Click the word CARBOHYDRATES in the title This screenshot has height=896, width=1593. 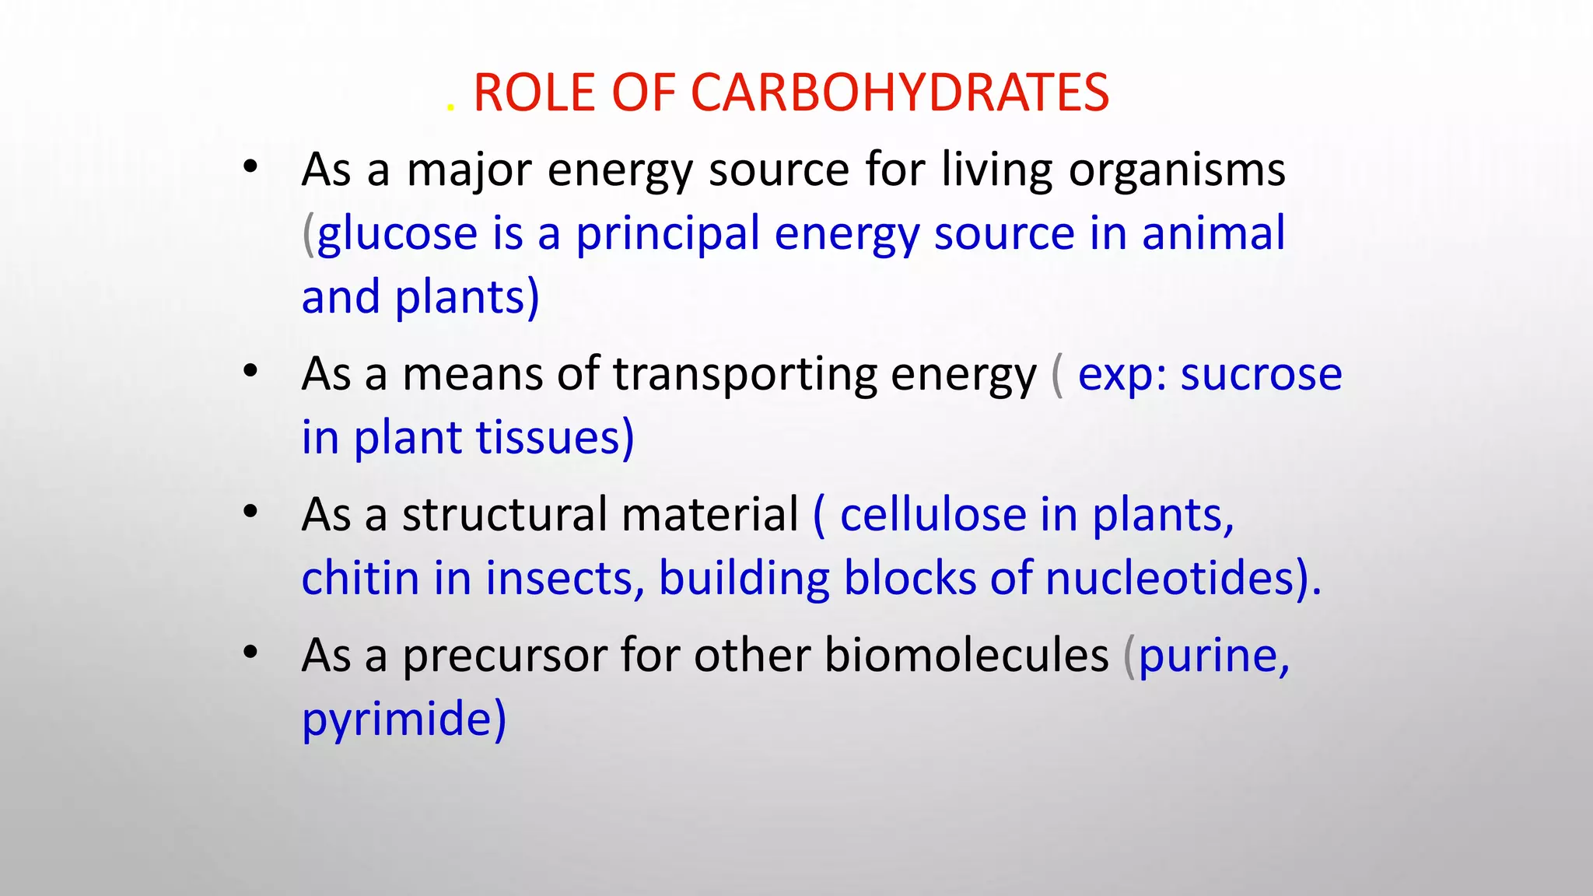[899, 93]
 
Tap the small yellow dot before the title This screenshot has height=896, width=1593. [450, 109]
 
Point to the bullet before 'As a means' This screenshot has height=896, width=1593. [250, 371]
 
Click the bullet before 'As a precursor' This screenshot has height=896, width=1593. [250, 653]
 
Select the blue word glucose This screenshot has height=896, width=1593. [397, 234]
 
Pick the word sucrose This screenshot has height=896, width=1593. [1261, 375]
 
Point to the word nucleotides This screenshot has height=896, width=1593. [1170, 579]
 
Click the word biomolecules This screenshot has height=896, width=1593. [966, 656]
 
